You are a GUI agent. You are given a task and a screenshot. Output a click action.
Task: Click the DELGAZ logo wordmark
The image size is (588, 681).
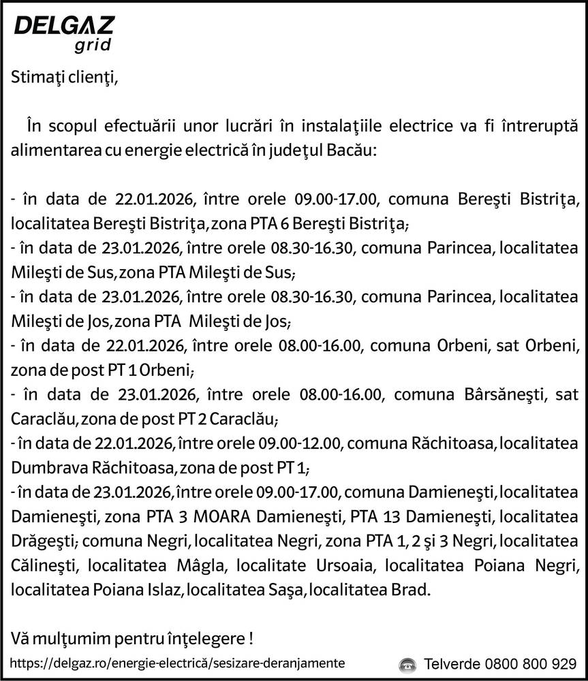coord(64,27)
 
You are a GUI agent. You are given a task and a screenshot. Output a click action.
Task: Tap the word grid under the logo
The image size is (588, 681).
coord(93,46)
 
